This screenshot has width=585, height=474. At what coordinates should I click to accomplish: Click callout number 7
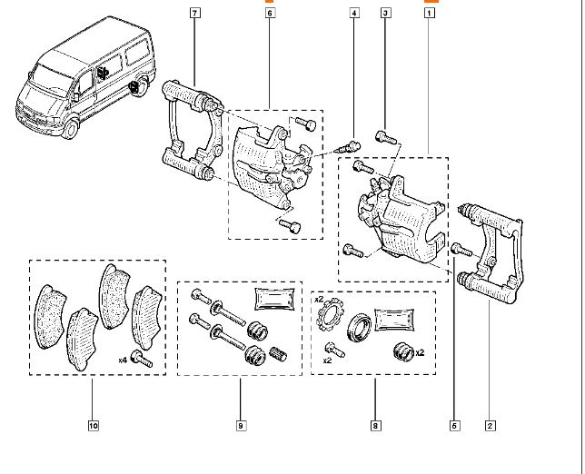(x=194, y=13)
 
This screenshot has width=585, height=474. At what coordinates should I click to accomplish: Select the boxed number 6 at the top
(x=270, y=13)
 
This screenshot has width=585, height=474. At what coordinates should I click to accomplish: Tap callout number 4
(x=353, y=13)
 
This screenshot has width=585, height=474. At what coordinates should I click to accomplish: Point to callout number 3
(x=385, y=13)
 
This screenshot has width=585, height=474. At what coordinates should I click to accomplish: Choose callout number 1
(x=430, y=13)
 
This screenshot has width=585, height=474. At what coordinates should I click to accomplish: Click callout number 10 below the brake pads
(x=93, y=424)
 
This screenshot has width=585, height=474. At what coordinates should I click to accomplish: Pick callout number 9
(x=241, y=424)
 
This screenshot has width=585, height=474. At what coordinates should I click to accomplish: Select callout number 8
(x=374, y=424)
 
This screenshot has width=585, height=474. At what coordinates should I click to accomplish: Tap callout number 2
(x=490, y=424)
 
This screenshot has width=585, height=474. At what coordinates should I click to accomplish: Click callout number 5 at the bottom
(x=454, y=424)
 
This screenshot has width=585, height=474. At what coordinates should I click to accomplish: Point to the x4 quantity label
(x=123, y=360)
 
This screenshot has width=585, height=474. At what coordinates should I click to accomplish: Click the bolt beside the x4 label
(x=140, y=358)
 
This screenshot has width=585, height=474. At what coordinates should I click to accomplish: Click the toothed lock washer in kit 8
(x=328, y=320)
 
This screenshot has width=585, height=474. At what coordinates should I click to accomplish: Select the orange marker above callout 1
(x=430, y=2)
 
